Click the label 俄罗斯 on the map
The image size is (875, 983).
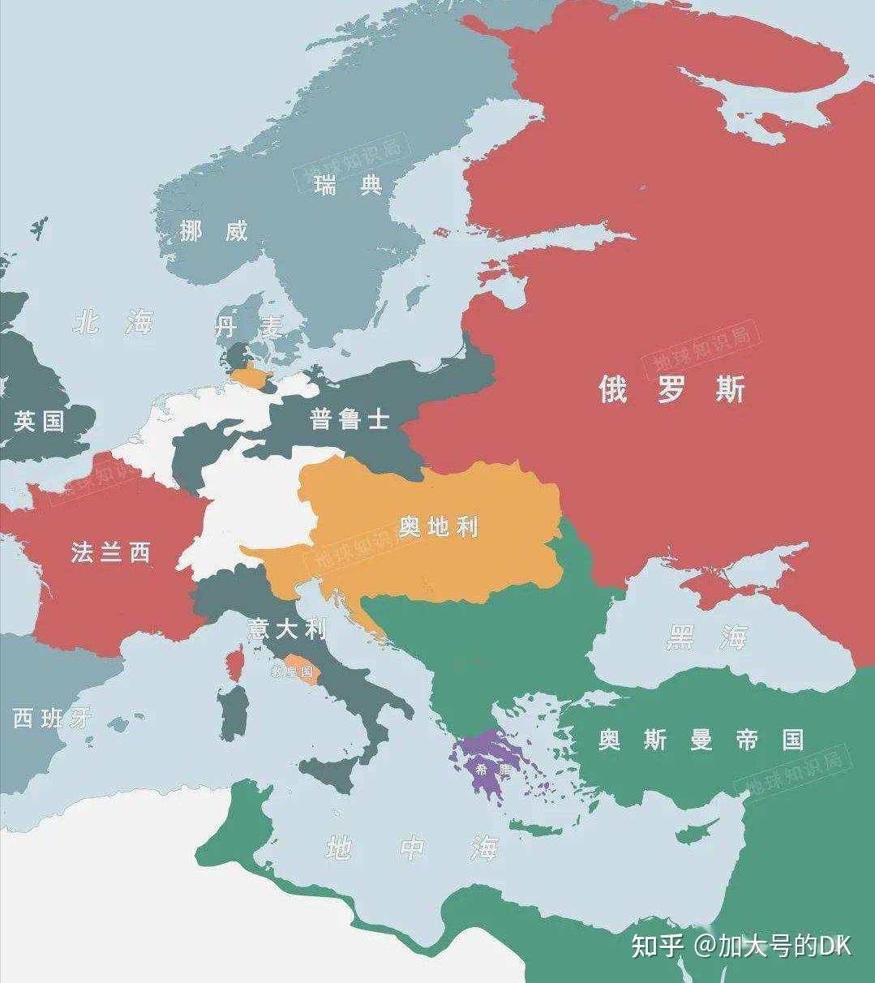click(x=671, y=389)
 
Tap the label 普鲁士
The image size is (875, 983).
click(x=350, y=419)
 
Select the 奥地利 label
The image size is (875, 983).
click(x=438, y=527)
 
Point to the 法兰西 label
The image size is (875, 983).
click(x=110, y=553)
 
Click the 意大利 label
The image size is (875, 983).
click(x=287, y=629)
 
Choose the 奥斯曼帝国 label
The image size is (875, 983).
click(x=701, y=740)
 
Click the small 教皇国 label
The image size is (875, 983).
click(x=293, y=672)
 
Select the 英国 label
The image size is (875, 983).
click(x=38, y=421)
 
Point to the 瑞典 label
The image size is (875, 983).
click(x=348, y=186)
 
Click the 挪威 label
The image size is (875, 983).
click(x=213, y=231)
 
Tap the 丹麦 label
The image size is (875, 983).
click(x=249, y=327)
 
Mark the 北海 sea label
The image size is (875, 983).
click(x=113, y=324)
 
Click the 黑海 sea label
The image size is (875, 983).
click(x=706, y=638)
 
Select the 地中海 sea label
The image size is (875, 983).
click(x=411, y=848)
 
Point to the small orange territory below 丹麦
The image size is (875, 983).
click(x=253, y=376)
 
